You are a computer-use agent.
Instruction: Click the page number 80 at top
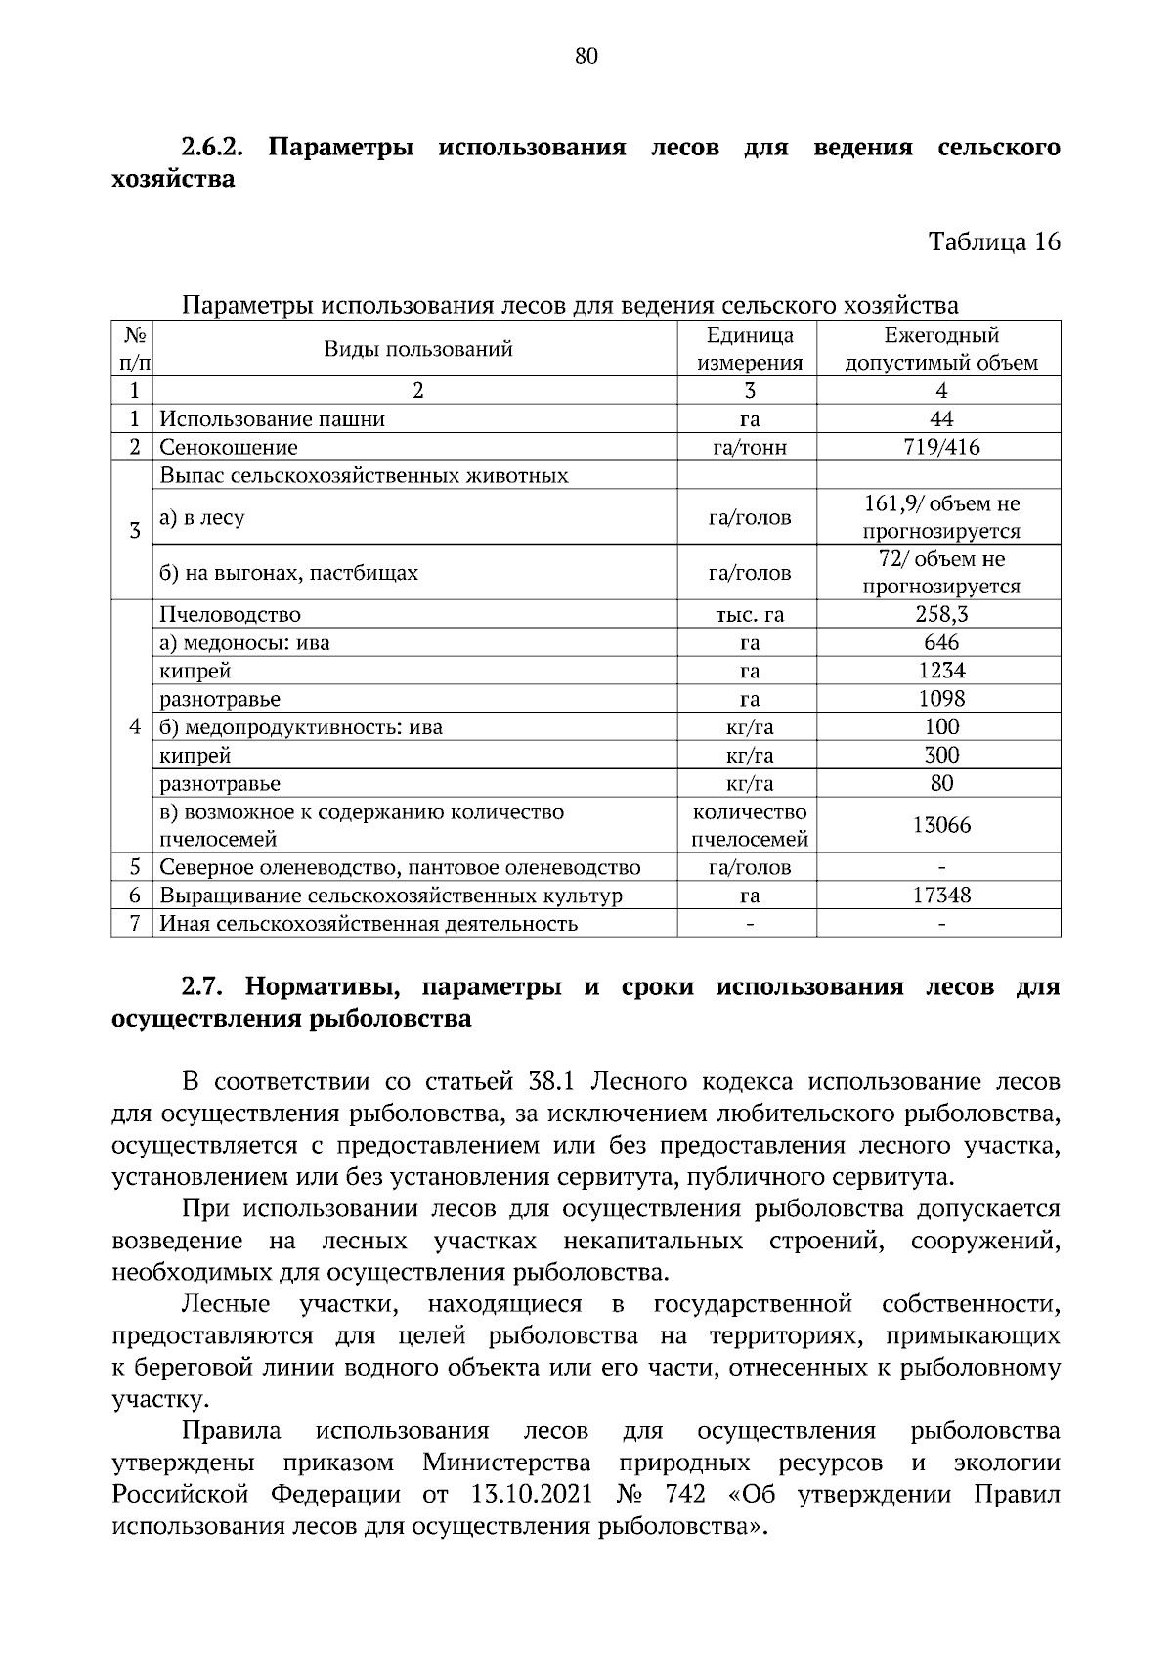(x=586, y=56)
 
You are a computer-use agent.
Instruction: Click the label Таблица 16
(x=993, y=241)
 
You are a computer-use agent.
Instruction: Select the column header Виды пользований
(x=417, y=349)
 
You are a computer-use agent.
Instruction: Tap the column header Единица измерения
(x=749, y=349)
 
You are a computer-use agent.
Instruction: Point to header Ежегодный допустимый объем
(x=940, y=349)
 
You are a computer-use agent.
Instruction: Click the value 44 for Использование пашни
(x=941, y=419)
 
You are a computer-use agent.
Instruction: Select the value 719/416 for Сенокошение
(x=941, y=448)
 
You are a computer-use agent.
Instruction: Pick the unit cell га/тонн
(x=749, y=448)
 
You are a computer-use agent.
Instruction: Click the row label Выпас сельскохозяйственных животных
(x=364, y=476)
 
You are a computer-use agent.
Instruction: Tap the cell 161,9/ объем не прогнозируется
(x=941, y=517)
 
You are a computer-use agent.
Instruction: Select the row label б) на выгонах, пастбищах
(x=288, y=573)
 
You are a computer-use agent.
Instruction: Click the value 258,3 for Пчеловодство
(x=941, y=614)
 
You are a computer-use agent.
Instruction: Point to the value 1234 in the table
(x=941, y=671)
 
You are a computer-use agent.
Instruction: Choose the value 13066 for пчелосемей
(x=941, y=825)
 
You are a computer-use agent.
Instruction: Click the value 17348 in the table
(x=941, y=896)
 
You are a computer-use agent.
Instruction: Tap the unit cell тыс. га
(x=749, y=615)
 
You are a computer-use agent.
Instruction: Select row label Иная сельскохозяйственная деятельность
(x=369, y=924)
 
